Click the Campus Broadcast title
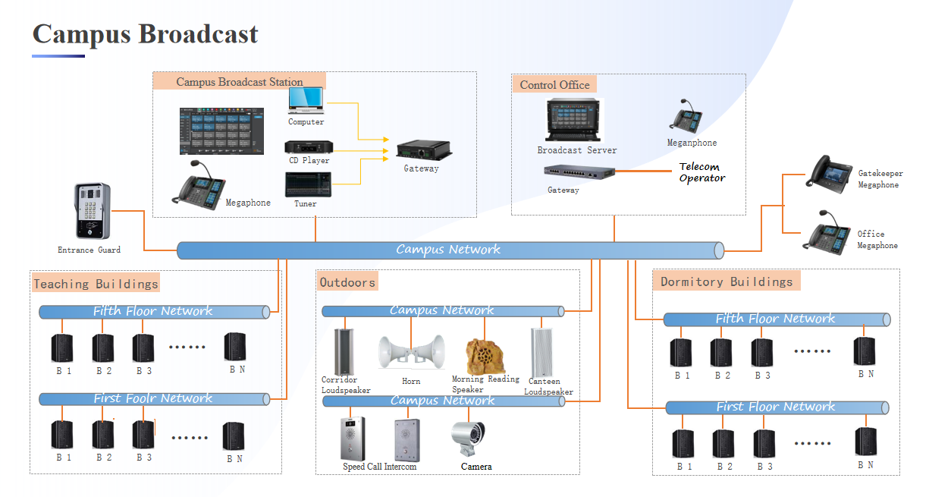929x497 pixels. pos(145,35)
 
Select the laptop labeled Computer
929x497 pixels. pos(306,101)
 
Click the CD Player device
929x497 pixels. pos(309,147)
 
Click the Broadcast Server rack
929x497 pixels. pos(576,121)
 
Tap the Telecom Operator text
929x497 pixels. pos(701,172)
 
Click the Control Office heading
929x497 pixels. pos(554,84)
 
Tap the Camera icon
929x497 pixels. pos(468,439)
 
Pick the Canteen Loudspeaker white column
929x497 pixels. pos(542,352)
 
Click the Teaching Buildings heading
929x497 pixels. pos(96,284)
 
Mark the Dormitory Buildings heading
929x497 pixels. pos(726,282)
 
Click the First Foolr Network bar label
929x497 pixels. pos(152,398)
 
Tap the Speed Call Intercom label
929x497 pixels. pos(379,467)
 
